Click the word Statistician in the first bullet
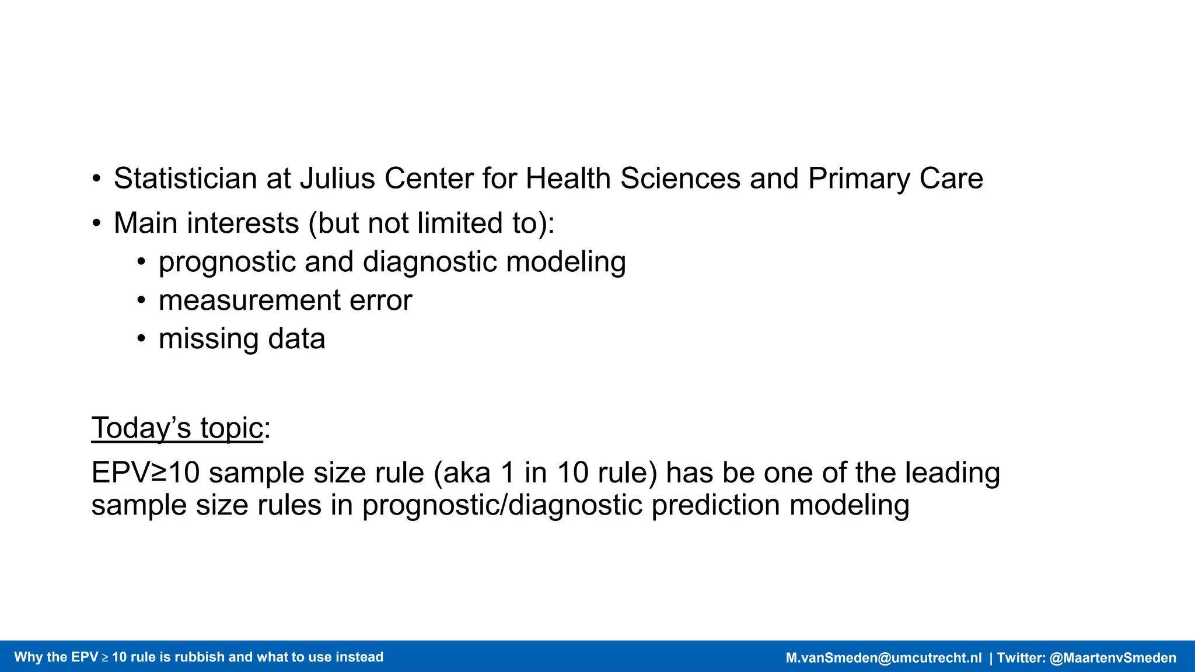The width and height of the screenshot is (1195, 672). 185,178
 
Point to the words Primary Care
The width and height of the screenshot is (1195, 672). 896,178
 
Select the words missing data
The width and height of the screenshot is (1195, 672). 242,339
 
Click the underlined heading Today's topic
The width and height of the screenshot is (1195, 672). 177,428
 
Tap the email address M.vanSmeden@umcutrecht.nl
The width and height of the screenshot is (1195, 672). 883,658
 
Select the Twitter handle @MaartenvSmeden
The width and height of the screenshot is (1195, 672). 1113,658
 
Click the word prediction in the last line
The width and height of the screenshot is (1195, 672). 715,505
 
